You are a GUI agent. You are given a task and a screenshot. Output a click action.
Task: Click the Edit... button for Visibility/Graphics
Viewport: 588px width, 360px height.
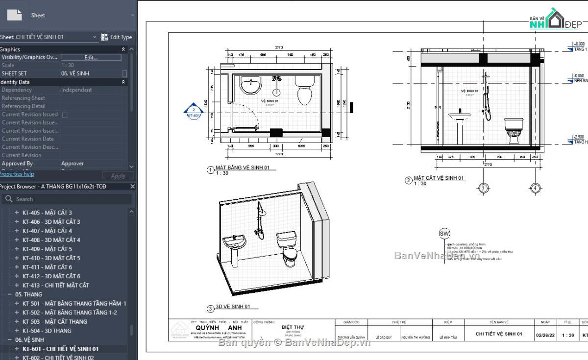pos(91,57)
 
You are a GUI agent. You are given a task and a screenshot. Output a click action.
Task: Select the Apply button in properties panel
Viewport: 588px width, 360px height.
pos(118,175)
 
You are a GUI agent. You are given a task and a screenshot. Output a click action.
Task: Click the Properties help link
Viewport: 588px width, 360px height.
pos(17,174)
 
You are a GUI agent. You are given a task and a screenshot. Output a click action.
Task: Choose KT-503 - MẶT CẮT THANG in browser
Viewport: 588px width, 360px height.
pos(54,321)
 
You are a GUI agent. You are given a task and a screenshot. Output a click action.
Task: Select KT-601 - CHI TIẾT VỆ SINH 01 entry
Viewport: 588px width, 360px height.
pos(60,349)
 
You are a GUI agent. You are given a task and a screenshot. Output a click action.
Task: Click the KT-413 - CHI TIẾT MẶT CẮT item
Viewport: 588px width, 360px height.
pos(55,285)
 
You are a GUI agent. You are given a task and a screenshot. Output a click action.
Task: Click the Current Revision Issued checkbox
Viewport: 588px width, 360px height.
pos(65,115)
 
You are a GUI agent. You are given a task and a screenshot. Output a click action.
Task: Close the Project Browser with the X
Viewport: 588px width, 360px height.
pos(132,187)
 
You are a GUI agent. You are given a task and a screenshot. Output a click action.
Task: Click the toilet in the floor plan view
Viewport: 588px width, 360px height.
pos(304,90)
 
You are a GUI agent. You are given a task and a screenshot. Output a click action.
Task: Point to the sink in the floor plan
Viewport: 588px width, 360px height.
pos(250,85)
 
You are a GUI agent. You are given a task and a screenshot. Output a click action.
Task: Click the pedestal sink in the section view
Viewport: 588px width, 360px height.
pos(459,125)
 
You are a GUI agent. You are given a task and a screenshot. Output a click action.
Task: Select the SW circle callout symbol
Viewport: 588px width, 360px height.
pos(444,234)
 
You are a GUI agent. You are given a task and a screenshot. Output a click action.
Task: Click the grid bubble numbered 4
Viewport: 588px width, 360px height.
pos(535,188)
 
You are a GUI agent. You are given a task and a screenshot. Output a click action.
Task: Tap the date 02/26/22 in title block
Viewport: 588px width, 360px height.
pos(545,335)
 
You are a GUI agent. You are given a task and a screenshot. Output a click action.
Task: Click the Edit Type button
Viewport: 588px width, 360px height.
pos(116,37)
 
